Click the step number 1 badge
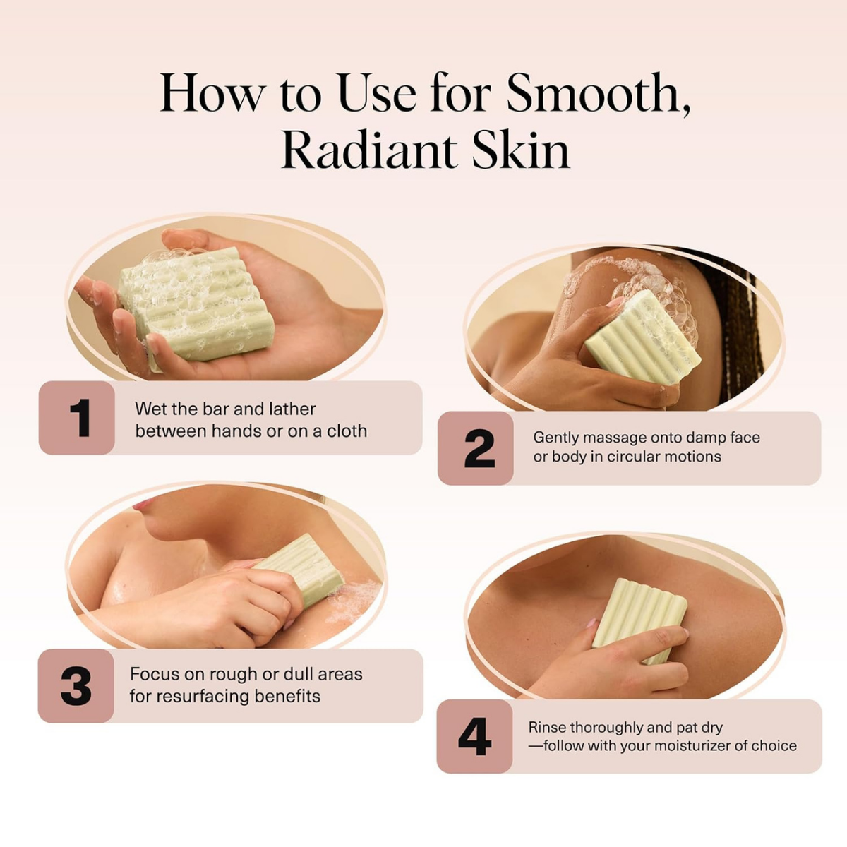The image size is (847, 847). (x=78, y=418)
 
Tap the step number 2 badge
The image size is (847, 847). (x=476, y=448)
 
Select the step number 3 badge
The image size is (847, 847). (x=76, y=686)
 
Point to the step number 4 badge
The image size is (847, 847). (x=474, y=736)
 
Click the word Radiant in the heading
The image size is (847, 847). (x=367, y=150)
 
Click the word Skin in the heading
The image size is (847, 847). (x=520, y=150)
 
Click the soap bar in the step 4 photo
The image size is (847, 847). (x=638, y=618)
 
